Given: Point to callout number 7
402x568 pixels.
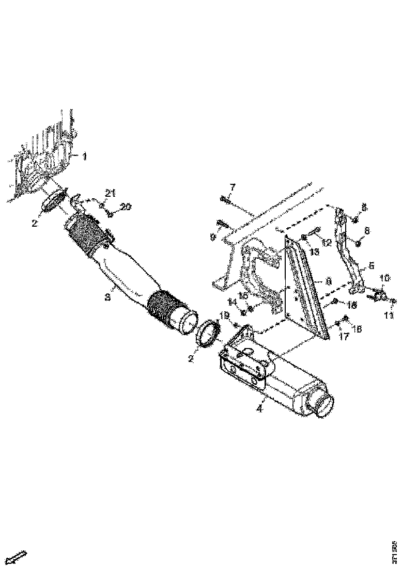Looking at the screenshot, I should tap(232, 186).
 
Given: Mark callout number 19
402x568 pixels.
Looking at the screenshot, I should tap(225, 314).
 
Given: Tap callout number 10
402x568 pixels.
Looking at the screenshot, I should tap(385, 278).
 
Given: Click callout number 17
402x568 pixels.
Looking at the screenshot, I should tap(344, 335).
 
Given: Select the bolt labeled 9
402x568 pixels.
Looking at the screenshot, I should tap(221, 224).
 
